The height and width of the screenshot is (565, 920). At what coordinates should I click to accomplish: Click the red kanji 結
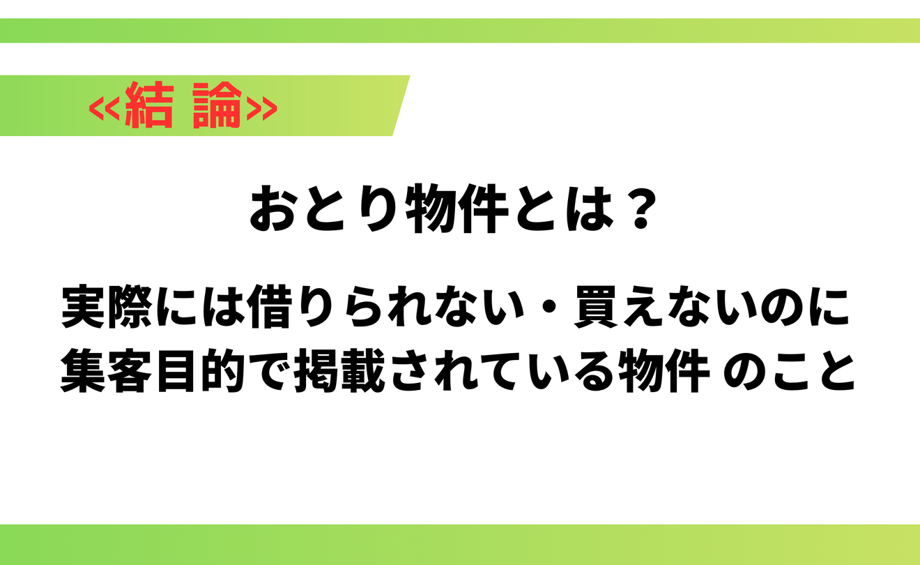click(150, 105)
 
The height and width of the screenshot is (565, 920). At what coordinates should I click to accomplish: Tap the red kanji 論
click(217, 105)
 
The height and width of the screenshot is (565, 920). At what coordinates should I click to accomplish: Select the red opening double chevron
click(105, 108)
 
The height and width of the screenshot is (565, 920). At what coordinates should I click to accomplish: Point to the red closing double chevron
click(261, 108)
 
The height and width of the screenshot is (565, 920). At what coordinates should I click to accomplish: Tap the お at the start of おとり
click(273, 209)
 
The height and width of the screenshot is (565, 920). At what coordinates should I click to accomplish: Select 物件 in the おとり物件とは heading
click(457, 209)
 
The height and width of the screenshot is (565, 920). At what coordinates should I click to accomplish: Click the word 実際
click(107, 306)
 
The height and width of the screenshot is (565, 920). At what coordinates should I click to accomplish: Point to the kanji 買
click(597, 306)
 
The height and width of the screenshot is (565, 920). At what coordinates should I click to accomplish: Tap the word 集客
click(107, 370)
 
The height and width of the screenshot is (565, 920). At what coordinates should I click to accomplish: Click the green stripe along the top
click(460, 31)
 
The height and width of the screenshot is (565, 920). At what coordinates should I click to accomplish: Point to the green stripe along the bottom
click(460, 545)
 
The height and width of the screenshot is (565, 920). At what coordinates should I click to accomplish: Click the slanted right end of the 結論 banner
click(401, 105)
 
